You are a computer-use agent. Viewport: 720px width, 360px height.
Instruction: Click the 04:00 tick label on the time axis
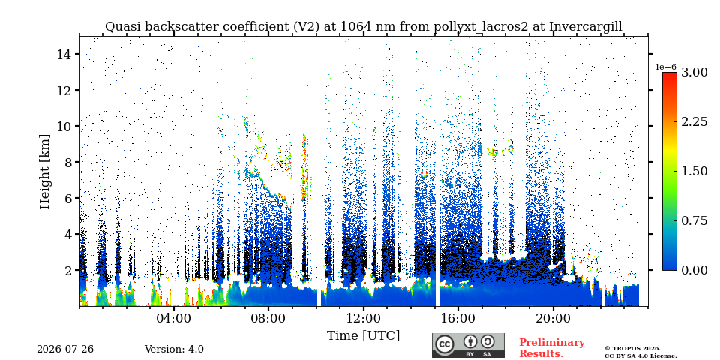[174, 319]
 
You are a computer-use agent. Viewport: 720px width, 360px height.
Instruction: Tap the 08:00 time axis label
[268, 319]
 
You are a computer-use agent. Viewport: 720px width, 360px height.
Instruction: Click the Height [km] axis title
[44, 172]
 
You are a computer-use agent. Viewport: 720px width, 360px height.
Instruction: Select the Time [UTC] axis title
[363, 335]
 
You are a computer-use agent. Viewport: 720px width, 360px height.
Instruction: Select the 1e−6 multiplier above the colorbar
[666, 67]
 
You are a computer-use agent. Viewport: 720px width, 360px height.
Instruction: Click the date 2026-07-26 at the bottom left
[65, 349]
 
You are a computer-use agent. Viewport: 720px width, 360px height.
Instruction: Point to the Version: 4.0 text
[174, 349]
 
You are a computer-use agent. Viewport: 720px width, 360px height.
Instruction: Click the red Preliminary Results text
[552, 347]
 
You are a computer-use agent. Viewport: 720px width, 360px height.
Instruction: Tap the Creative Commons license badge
[468, 345]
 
